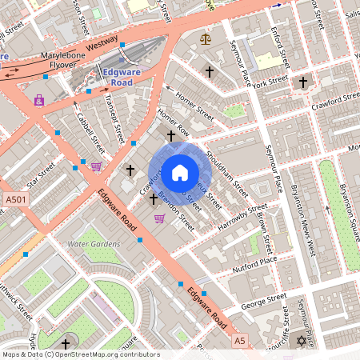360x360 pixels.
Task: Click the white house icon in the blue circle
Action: [179, 172]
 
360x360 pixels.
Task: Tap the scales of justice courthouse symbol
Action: [206, 38]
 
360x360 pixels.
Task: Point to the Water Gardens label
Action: [94, 243]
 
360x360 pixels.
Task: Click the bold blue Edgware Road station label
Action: [110, 77]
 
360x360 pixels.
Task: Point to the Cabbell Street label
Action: [90, 132]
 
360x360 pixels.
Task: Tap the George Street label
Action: [264, 302]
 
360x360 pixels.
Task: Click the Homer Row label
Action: [174, 121]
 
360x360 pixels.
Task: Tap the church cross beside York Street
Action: [302, 82]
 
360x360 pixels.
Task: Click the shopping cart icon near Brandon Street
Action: [159, 218]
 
